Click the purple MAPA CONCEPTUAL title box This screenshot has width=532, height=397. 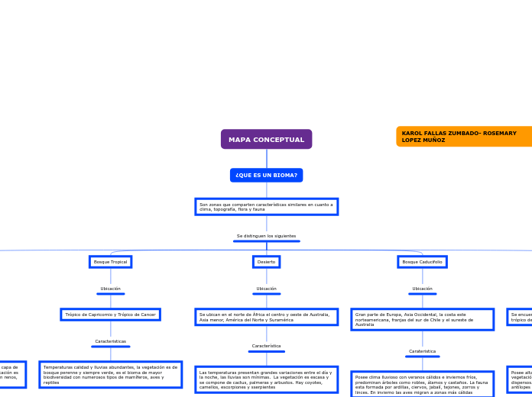click(266, 140)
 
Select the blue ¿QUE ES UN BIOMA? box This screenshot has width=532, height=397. click(266, 176)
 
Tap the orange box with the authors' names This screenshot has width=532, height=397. click(464, 137)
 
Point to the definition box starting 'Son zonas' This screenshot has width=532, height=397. click(266, 207)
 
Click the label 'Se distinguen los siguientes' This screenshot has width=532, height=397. click(266, 236)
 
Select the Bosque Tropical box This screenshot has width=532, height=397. click(110, 262)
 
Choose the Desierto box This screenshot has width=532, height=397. click(266, 262)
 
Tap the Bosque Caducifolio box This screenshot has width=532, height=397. click(422, 262)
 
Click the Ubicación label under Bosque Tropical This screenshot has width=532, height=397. click(110, 289)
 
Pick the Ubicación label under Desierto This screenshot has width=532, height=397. click(266, 289)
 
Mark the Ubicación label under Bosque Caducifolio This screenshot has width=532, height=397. click(422, 289)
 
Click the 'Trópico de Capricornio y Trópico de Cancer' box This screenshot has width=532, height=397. click(110, 315)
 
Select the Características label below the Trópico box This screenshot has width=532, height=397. click(110, 341)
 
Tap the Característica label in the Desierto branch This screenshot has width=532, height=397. click(266, 346)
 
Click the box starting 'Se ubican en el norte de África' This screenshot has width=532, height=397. click(266, 317)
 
